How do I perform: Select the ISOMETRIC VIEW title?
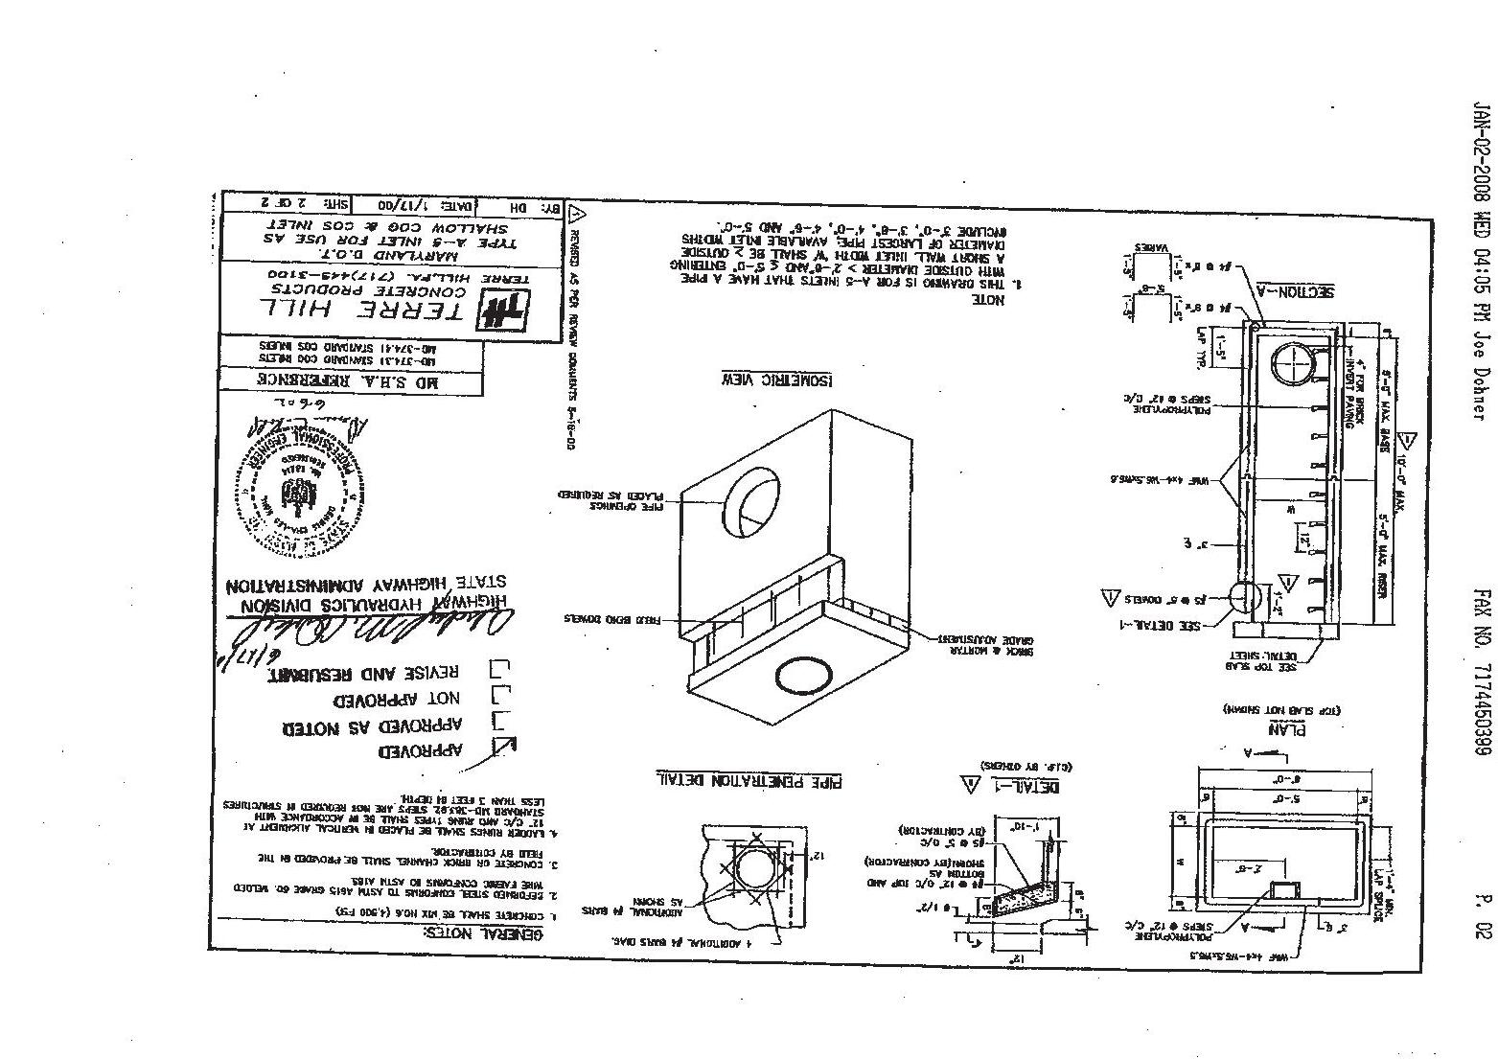point(776,380)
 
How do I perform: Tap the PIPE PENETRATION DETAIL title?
point(749,780)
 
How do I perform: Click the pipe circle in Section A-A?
point(1298,366)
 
